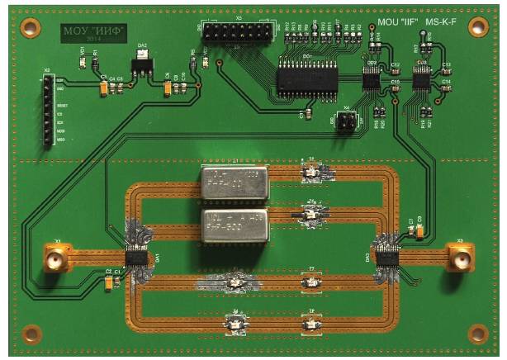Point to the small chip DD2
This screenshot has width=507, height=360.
[372, 80]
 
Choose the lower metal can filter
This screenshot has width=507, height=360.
[234, 224]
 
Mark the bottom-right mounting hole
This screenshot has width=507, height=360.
[477, 332]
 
